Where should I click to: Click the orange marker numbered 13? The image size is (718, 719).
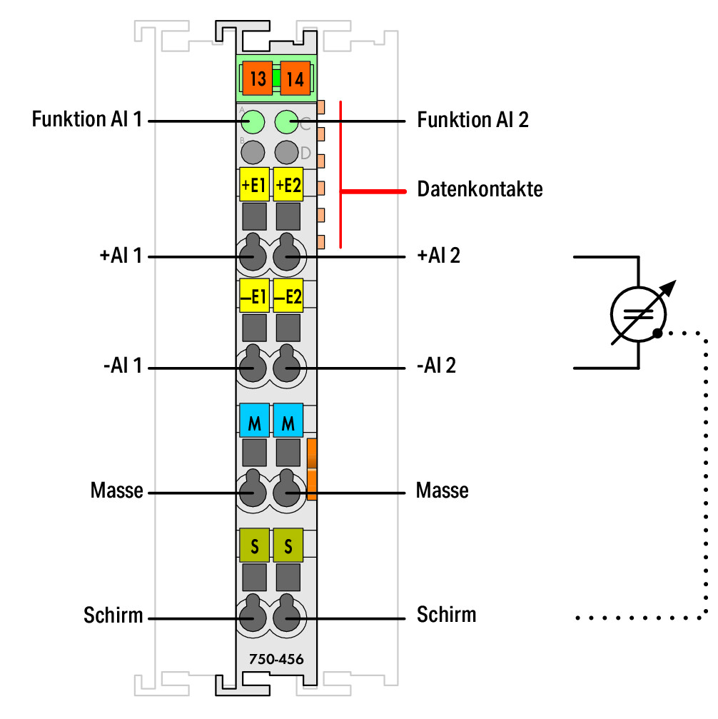point(258,79)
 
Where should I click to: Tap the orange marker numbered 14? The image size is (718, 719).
point(295,79)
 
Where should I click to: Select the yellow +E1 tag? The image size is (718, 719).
point(254,184)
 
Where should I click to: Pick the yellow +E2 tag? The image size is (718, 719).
point(288,184)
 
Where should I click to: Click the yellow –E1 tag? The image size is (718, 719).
point(254,296)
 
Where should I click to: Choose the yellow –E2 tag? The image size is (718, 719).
point(288,296)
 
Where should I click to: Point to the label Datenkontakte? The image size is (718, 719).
point(480,189)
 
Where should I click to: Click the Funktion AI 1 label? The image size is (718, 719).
point(86,119)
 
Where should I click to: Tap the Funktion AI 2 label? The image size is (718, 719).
point(472,120)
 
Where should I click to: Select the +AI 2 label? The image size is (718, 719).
point(438,256)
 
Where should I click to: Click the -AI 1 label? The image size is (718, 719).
point(123,366)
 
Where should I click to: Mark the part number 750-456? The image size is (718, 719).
point(276,659)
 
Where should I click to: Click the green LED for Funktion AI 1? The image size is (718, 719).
point(253,122)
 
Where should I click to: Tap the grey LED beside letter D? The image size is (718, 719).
point(287,152)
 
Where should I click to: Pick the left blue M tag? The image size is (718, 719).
point(254,421)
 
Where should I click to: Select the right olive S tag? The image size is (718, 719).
point(288,545)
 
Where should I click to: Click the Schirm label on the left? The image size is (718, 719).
point(113,615)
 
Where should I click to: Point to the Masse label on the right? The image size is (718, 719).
point(442,491)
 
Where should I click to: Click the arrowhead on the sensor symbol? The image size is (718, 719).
point(669,288)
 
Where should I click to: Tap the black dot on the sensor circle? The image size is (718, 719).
point(657,333)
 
